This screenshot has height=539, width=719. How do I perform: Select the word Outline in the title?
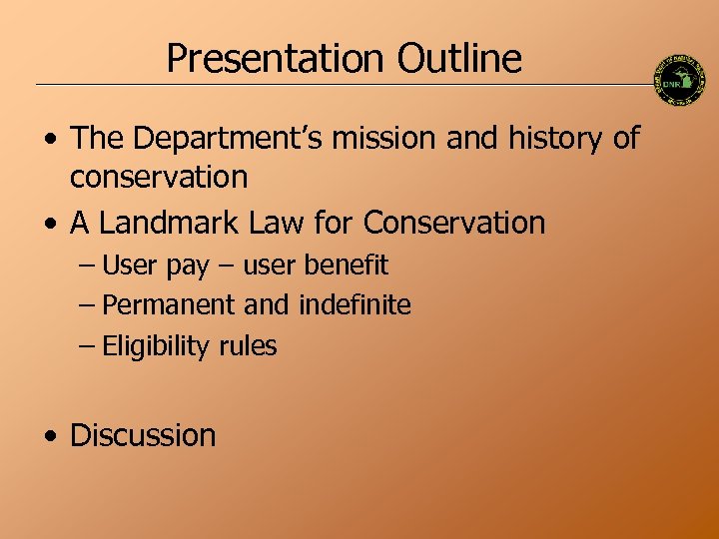(458, 59)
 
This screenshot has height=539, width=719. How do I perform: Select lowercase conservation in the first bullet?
(159, 178)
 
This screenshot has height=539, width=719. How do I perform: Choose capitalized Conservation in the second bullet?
(454, 222)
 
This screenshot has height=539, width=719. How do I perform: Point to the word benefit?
(346, 266)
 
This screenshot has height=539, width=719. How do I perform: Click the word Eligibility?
(156, 347)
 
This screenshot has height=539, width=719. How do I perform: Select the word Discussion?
(143, 435)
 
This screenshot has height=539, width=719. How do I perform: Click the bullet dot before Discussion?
(49, 436)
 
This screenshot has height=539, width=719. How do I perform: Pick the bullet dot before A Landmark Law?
(49, 223)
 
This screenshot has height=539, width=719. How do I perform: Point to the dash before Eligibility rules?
(88, 347)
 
